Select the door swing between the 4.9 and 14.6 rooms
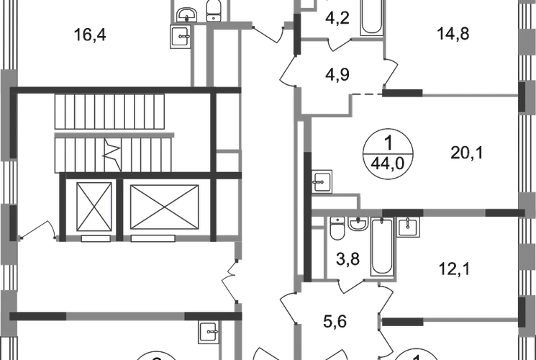pos(392,72)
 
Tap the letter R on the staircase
pos(111,153)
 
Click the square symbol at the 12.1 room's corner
pos(408,228)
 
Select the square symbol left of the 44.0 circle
pos(322,179)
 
